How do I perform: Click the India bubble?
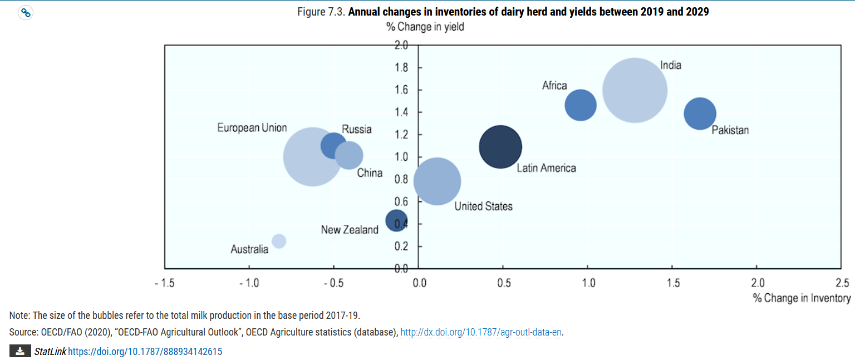pyautogui.click(x=635, y=90)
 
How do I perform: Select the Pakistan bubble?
pyautogui.click(x=700, y=114)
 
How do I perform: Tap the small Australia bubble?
pyautogui.click(x=279, y=241)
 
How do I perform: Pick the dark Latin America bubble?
pyautogui.click(x=500, y=147)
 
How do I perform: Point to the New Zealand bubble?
pyautogui.click(x=396, y=220)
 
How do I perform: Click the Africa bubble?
pyautogui.click(x=581, y=105)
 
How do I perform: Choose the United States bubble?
pyautogui.click(x=437, y=181)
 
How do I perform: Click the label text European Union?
pyautogui.click(x=252, y=128)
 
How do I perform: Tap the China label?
pyautogui.click(x=370, y=173)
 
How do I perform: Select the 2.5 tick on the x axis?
pyautogui.click(x=842, y=283)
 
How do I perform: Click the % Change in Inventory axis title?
pyautogui.click(x=802, y=298)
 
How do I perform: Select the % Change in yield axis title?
pyautogui.click(x=425, y=27)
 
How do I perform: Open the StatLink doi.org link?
pyautogui.click(x=145, y=352)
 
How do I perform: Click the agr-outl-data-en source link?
pyautogui.click(x=481, y=332)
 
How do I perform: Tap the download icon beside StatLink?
pyautogui.click(x=20, y=351)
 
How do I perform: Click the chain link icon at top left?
pyautogui.click(x=26, y=13)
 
